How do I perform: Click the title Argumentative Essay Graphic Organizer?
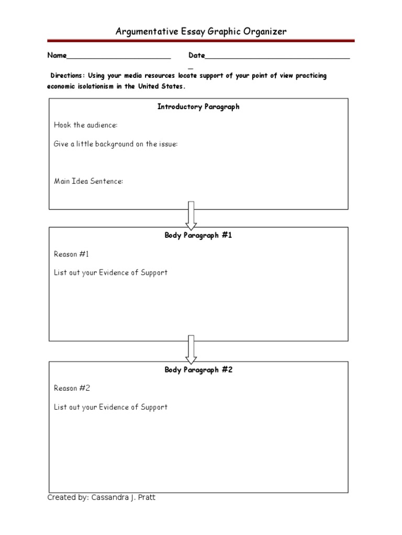201,32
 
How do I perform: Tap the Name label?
57,56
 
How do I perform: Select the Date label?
196,56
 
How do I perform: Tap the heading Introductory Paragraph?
198,107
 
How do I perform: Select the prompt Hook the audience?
86,125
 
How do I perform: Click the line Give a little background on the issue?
116,144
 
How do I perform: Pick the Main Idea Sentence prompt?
88,181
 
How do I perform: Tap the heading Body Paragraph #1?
198,235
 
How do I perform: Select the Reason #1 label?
72,254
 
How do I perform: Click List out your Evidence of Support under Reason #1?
110,273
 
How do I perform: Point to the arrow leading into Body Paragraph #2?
191,349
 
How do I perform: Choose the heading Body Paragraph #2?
198,370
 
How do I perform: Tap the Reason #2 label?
72,388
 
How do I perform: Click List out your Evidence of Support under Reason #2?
110,407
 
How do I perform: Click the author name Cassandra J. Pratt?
124,497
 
